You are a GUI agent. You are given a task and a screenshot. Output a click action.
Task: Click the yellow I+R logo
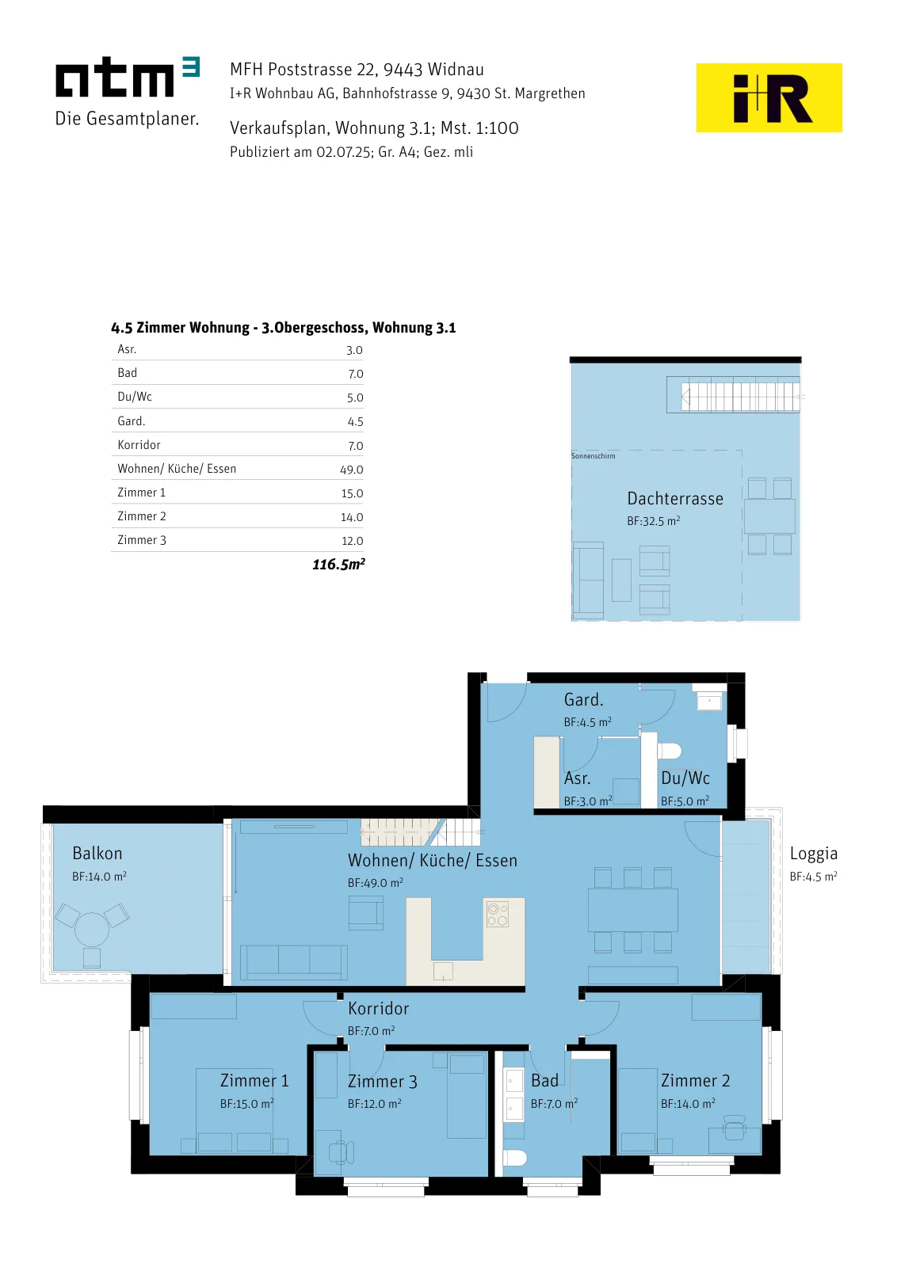tap(769, 98)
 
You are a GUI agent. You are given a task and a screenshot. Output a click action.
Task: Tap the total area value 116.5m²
tap(338, 564)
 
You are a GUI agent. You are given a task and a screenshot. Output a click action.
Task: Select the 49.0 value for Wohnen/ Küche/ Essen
tap(352, 470)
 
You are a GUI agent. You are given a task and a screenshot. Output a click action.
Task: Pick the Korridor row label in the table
tap(139, 444)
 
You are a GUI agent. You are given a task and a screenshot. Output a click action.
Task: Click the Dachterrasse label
tap(675, 498)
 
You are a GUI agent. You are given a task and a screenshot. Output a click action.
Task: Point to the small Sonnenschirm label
tap(593, 456)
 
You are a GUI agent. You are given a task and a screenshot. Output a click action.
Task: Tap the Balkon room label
tap(97, 853)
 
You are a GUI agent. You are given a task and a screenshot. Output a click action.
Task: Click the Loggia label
tap(813, 854)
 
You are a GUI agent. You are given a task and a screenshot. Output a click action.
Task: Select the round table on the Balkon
tap(92, 930)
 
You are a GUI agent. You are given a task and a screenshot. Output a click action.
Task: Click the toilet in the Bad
tap(515, 1158)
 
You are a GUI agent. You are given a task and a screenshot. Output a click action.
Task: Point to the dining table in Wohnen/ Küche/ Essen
tap(632, 910)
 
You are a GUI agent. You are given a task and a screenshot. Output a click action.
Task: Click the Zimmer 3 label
tap(383, 1082)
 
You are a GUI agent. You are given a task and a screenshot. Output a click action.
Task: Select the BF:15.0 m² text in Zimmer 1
tap(246, 1104)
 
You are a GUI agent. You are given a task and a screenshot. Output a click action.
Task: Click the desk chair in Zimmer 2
tap(735, 1128)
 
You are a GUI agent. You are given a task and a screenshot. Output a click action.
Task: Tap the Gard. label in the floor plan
tap(583, 700)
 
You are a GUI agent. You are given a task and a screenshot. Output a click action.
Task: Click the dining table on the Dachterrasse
tap(769, 516)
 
